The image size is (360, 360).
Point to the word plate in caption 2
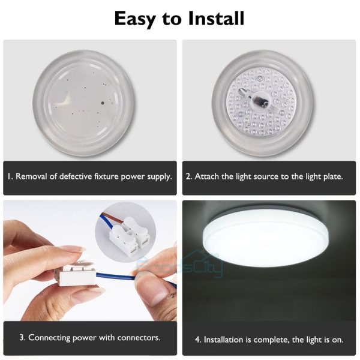331,177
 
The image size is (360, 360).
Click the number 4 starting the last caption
197,340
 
